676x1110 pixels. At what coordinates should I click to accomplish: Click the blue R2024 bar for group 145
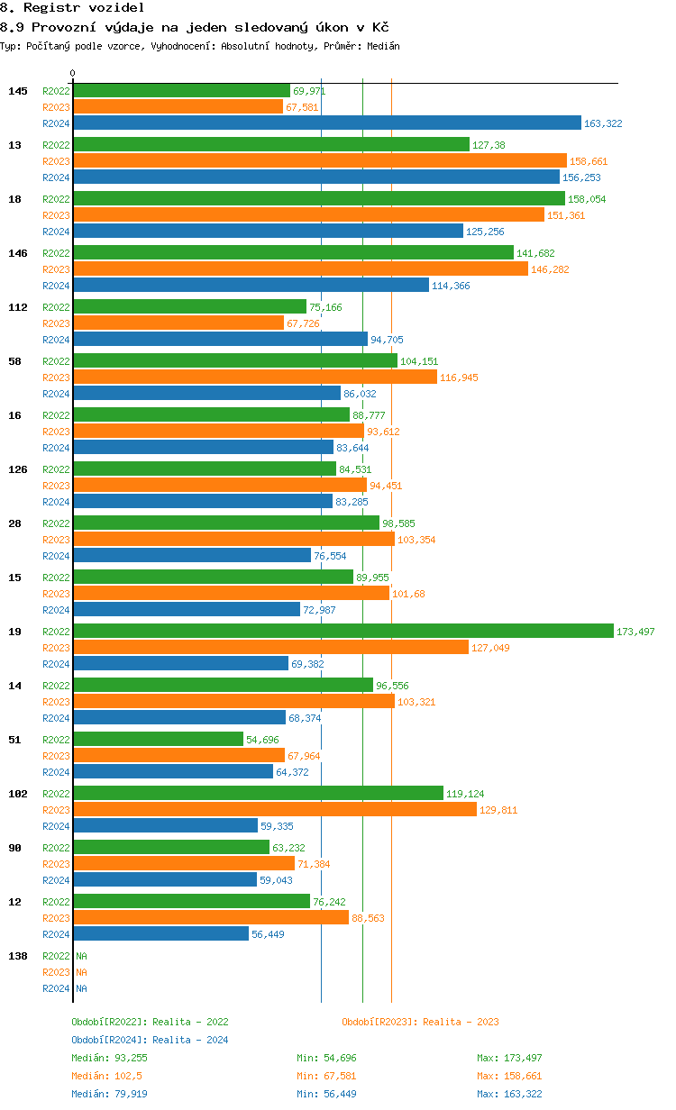point(326,123)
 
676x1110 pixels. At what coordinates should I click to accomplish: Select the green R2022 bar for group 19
point(343,632)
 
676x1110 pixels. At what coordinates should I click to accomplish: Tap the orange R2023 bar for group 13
point(319,161)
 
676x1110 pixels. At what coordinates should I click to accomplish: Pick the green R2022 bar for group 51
point(158,740)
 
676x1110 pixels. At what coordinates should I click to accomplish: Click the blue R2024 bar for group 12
point(160,934)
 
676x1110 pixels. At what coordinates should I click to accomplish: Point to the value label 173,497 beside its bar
point(635,632)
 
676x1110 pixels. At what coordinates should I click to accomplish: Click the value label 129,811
point(498,810)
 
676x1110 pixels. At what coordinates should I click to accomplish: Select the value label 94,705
point(387,340)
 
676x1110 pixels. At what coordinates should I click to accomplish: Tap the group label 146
point(18,253)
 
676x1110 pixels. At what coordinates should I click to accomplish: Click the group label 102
point(18,794)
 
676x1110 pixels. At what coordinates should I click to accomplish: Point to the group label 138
point(18,956)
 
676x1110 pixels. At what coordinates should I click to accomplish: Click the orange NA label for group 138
point(81,972)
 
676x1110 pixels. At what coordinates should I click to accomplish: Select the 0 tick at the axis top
point(73,73)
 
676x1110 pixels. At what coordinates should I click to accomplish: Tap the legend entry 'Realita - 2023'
point(420,1022)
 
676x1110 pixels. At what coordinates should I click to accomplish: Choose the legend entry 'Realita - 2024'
point(150,1040)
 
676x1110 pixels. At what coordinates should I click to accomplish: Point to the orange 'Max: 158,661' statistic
point(509,1076)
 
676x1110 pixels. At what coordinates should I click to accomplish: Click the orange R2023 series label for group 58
point(56,378)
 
